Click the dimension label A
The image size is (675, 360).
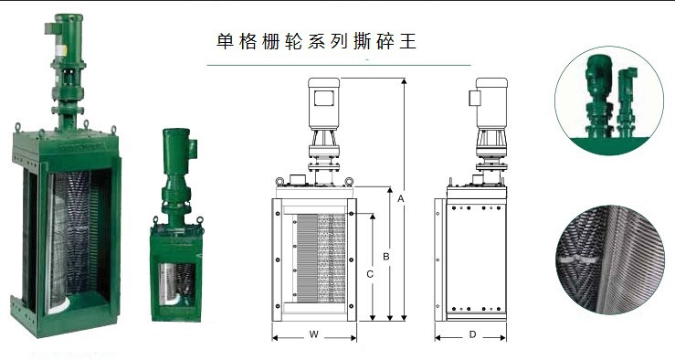(x=401, y=199)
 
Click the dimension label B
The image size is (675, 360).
(x=386, y=256)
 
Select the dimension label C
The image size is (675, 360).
(x=370, y=274)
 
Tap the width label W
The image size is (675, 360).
(x=314, y=334)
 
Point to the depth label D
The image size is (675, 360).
(x=472, y=334)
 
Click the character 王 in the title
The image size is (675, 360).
(x=407, y=42)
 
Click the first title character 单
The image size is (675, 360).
(x=225, y=42)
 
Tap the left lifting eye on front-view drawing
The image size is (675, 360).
(x=279, y=182)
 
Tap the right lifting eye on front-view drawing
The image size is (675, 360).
(x=349, y=182)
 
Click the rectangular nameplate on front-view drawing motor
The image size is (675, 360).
(x=324, y=98)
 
